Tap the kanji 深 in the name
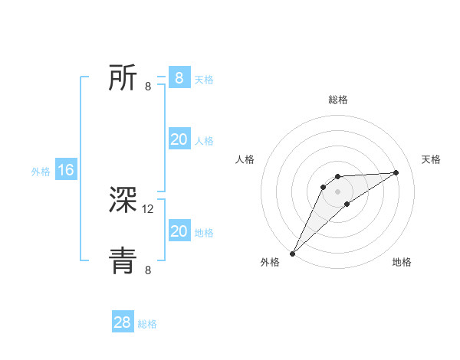(x=123, y=201)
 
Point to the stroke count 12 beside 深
(x=149, y=208)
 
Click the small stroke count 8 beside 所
(x=148, y=86)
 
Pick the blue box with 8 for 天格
(x=179, y=77)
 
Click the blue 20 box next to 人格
(x=179, y=139)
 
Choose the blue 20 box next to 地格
(x=179, y=231)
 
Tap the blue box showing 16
(x=65, y=170)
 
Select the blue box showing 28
(x=123, y=322)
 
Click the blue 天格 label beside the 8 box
(x=204, y=80)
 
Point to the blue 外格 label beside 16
(x=41, y=172)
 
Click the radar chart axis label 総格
(x=337, y=100)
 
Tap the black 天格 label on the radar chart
(x=432, y=159)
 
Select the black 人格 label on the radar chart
(x=245, y=159)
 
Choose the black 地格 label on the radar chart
(x=402, y=263)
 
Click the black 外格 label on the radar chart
(x=270, y=263)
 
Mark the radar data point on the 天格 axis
(x=396, y=172)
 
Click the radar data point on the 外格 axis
(x=293, y=253)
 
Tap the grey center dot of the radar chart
(x=337, y=191)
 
